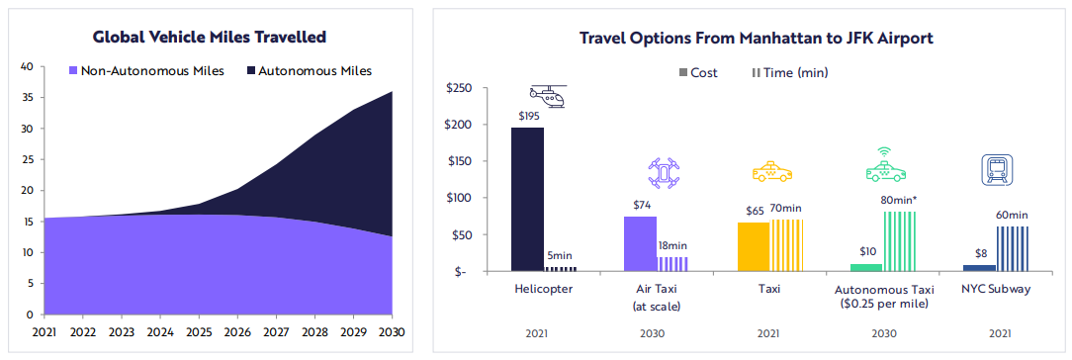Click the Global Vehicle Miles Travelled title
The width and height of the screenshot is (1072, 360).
(x=210, y=37)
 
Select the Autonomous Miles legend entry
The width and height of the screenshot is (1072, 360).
(x=309, y=70)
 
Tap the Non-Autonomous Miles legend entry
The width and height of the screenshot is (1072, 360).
(x=147, y=70)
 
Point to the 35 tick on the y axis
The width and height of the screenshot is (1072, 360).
(x=27, y=98)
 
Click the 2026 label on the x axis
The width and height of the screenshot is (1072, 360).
(x=238, y=332)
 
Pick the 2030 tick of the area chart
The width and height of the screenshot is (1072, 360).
(x=393, y=332)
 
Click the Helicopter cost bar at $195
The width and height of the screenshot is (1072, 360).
(x=528, y=200)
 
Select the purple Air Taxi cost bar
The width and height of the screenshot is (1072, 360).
(x=640, y=244)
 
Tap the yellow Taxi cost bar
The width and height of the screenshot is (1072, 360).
(x=754, y=246)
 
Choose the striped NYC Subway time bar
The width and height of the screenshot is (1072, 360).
(x=1012, y=248)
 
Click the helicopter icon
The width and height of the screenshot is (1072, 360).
(x=548, y=96)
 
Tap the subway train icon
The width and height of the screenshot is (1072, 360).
(x=996, y=168)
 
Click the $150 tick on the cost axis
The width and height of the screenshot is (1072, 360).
(x=467, y=161)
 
